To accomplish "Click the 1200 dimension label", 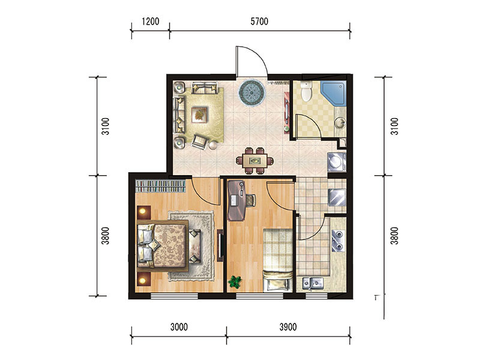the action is [x=151, y=22].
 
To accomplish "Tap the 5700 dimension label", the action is [x=259, y=22].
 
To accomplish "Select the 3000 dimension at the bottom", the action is [x=179, y=327].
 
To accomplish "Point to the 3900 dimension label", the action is [x=288, y=327].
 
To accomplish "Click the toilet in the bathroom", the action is [x=306, y=91].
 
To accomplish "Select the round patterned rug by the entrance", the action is [x=251, y=92].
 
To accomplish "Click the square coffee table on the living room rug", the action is [x=199, y=115].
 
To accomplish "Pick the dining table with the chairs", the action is [x=254, y=161].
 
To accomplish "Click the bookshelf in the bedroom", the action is [x=161, y=186].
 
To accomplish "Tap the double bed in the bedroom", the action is [x=162, y=245].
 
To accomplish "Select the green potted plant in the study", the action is [x=235, y=281].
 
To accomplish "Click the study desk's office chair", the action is [x=251, y=200].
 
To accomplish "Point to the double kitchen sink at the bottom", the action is [x=313, y=283].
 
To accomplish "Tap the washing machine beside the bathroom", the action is [x=337, y=161].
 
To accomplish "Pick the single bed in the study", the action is [x=278, y=260].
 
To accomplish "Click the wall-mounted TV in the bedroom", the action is [x=220, y=245].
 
